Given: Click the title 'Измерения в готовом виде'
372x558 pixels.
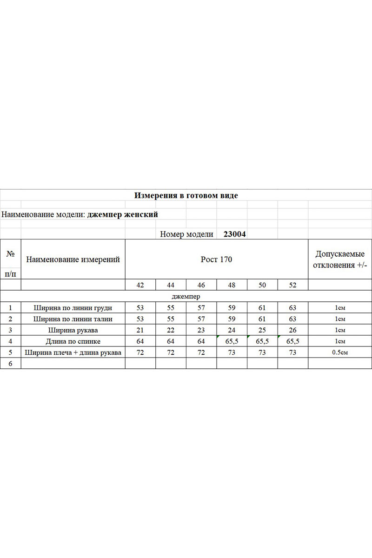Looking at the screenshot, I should point(186,196).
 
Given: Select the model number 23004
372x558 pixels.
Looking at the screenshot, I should point(234,234).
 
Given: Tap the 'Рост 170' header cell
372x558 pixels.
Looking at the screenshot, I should point(216,259).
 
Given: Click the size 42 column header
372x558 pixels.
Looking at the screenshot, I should point(140,285).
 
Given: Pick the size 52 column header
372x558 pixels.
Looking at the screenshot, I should point(292,285).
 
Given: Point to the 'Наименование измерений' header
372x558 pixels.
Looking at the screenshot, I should point(73,259).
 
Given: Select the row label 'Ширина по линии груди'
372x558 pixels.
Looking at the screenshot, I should point(73,307).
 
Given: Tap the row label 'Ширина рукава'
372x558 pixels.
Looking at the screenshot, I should point(73,330).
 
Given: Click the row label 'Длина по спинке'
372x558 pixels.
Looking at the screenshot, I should point(73,341).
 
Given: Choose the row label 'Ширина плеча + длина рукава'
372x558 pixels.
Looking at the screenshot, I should point(73,352).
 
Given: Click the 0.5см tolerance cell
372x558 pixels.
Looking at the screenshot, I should point(340,352).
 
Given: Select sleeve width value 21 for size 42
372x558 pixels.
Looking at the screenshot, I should point(140,330).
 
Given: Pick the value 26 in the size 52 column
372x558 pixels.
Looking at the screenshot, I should point(292,330).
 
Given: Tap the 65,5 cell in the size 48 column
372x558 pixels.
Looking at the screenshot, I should point(232,341).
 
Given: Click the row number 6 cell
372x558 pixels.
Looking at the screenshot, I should point(10,364).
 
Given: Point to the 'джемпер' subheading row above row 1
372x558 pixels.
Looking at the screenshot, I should point(186,296).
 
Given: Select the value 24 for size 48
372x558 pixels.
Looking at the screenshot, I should point(232,330).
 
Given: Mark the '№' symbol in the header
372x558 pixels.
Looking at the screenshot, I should point(10,254).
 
